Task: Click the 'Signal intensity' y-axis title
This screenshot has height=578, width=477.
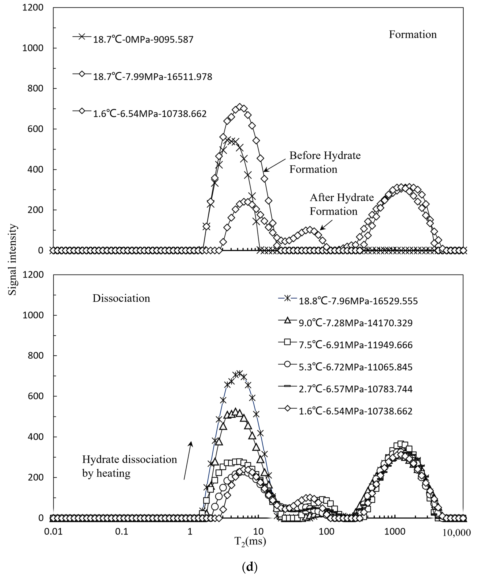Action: (12, 259)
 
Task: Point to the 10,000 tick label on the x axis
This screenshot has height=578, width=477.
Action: (456, 533)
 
